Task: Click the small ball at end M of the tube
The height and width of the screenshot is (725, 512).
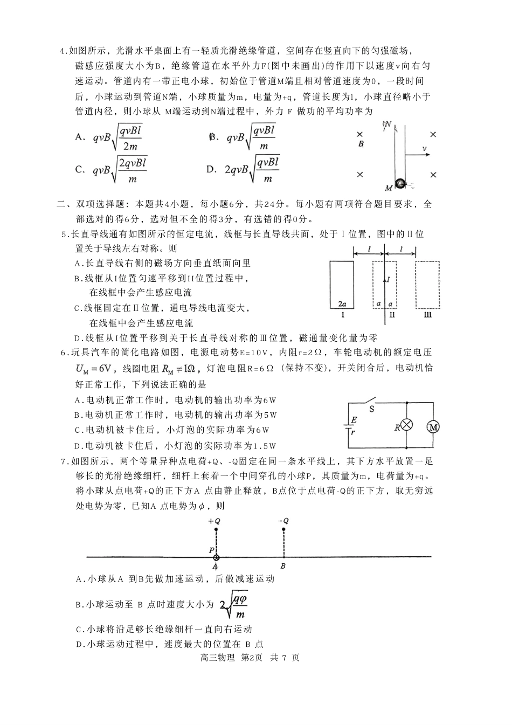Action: [x=400, y=184]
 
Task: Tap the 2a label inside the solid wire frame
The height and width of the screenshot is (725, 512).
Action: [x=342, y=304]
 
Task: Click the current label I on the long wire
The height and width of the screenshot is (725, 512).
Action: [x=388, y=280]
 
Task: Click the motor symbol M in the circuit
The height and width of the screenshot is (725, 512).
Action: [x=434, y=427]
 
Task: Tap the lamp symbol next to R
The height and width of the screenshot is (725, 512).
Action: [x=407, y=425]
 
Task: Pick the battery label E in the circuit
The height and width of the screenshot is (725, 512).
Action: [x=354, y=420]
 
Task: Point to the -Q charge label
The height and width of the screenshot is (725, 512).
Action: [x=283, y=521]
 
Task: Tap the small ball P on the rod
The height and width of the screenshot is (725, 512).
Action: [x=216, y=557]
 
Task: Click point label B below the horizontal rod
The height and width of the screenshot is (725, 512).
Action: [x=283, y=566]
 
